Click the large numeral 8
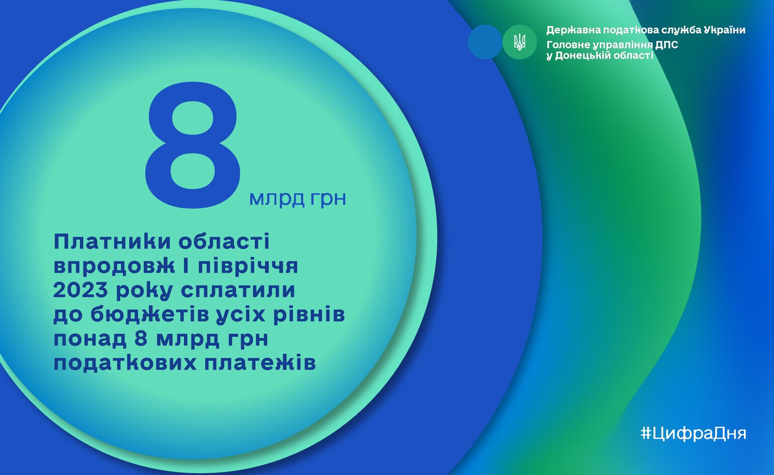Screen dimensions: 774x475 click(x=193, y=145)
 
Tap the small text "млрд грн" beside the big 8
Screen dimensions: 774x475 click(x=298, y=199)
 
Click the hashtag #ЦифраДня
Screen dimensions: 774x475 click(x=694, y=433)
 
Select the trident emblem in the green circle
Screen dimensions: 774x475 click(x=520, y=42)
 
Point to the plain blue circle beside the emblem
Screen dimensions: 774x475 click(x=485, y=42)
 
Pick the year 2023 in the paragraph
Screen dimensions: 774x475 click(x=81, y=290)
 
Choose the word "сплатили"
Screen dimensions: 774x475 click(x=238, y=290)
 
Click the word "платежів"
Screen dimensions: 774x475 click(x=260, y=363)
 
